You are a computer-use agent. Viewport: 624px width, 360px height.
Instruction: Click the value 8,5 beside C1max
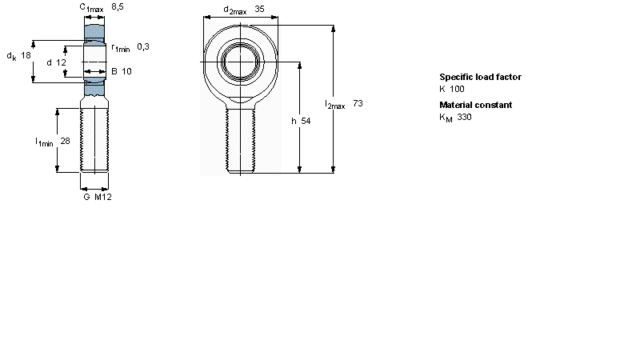pyautogui.click(x=118, y=6)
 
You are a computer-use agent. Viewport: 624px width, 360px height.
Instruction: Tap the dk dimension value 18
pyautogui.click(x=26, y=55)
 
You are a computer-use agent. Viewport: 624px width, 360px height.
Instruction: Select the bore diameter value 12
pyautogui.click(x=61, y=62)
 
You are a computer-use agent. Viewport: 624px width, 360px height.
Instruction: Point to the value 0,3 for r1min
pyautogui.click(x=143, y=47)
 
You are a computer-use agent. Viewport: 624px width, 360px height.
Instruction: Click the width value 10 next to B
pyautogui.click(x=126, y=71)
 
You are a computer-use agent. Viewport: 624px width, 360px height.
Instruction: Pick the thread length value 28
pyautogui.click(x=65, y=141)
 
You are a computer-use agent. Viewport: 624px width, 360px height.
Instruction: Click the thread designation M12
pyautogui.click(x=103, y=197)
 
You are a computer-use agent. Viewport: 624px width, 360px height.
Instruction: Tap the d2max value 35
pyautogui.click(x=259, y=9)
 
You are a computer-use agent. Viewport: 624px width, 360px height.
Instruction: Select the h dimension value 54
pyautogui.click(x=306, y=121)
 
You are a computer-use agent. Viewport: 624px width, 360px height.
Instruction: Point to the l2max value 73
pyautogui.click(x=358, y=103)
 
